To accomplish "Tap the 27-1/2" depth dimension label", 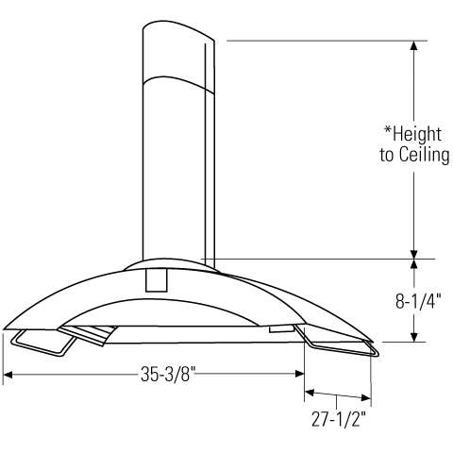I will (337, 416).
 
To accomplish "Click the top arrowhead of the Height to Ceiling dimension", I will (413, 46).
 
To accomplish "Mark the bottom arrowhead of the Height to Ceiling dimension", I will (413, 252).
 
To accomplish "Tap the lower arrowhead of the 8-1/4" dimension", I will (413, 336).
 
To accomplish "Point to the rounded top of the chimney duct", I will (176, 28).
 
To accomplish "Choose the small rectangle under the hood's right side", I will (281, 329).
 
